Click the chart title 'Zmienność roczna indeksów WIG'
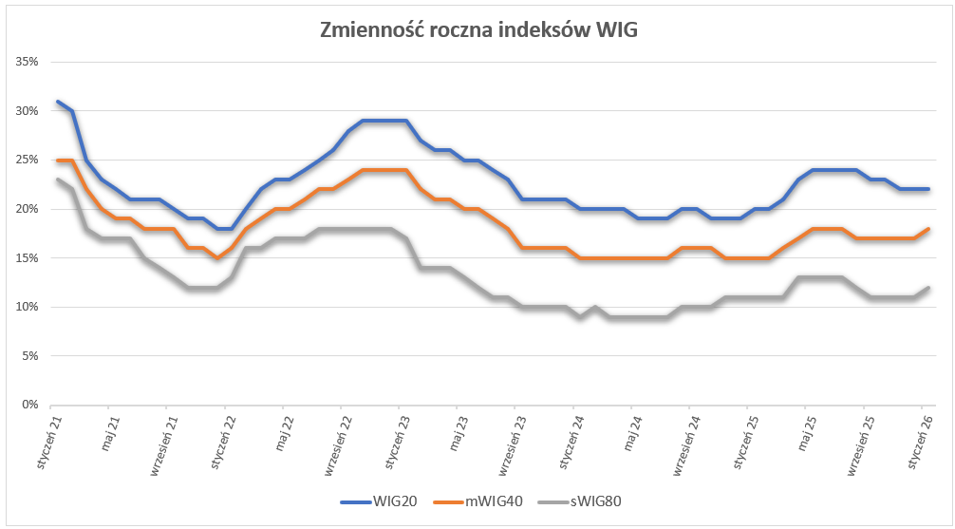pos(477,30)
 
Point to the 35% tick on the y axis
pos(26,62)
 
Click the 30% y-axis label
pos(26,111)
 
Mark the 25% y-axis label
pos(26,160)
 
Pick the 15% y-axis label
pos(26,257)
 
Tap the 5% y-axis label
pos(28,355)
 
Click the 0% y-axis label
pos(28,405)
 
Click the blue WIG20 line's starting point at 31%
pos(58,102)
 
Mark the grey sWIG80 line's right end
pos(927,288)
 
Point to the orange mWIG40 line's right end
pos(927,229)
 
